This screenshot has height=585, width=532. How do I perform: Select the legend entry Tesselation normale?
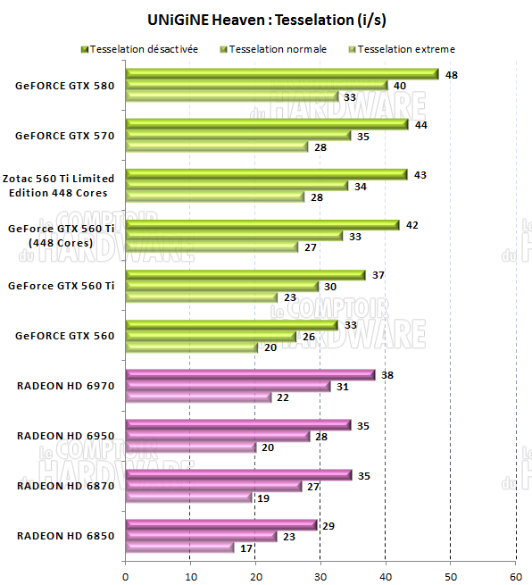click(x=278, y=49)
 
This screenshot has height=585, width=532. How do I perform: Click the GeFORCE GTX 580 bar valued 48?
click(x=281, y=74)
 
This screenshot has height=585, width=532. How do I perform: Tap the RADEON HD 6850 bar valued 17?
click(x=179, y=547)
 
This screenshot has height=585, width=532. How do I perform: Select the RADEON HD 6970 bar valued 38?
click(x=250, y=374)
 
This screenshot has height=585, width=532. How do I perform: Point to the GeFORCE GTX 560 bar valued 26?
click(x=211, y=337)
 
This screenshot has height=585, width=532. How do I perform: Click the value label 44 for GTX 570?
click(x=420, y=125)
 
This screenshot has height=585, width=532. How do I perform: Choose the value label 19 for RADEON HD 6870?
click(x=263, y=497)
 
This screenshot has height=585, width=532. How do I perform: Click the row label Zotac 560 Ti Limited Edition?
click(x=59, y=186)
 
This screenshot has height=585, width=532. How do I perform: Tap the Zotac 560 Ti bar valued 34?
click(x=237, y=186)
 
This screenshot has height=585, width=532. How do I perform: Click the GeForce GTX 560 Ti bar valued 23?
click(x=201, y=297)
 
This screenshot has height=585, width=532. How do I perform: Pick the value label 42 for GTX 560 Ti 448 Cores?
click(x=411, y=225)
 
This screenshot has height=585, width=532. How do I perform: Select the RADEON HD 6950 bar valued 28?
click(x=217, y=436)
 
